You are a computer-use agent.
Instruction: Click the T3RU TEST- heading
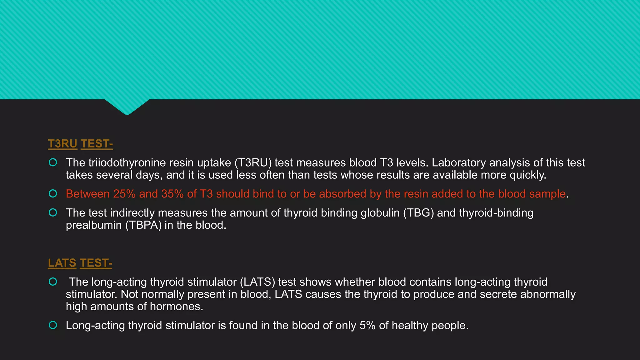pos(80,144)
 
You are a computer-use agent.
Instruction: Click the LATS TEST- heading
pos(80,263)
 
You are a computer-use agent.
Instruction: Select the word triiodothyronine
pos(127,163)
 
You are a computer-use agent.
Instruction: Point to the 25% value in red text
pos(124,194)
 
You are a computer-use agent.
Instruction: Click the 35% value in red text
pos(172,194)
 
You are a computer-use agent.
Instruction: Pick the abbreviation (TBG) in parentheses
pos(418,213)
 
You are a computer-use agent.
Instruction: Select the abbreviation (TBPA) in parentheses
pos(143,225)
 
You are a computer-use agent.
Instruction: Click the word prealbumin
pos(94,225)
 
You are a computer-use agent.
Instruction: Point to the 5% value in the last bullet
pos(367,326)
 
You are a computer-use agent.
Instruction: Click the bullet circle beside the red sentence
pos(53,194)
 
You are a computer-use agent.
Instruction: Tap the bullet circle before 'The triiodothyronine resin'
pos(53,162)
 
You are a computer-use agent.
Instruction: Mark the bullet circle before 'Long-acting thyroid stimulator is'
pos(53,325)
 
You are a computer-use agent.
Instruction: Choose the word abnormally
pos(548,294)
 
